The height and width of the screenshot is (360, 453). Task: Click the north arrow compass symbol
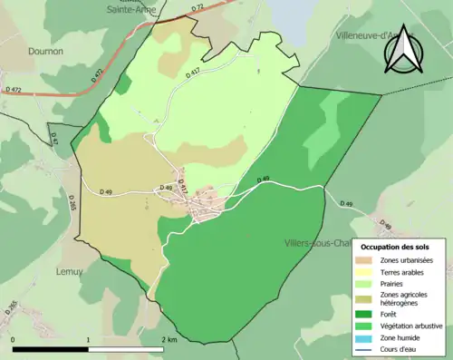(x=403, y=49)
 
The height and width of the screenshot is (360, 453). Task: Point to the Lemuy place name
(x=70, y=271)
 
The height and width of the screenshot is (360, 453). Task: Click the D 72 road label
(x=198, y=8)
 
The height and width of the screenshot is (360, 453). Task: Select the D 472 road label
(x=14, y=90)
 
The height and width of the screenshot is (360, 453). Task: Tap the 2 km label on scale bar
(x=169, y=339)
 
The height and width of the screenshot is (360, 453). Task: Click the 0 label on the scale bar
(x=14, y=339)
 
